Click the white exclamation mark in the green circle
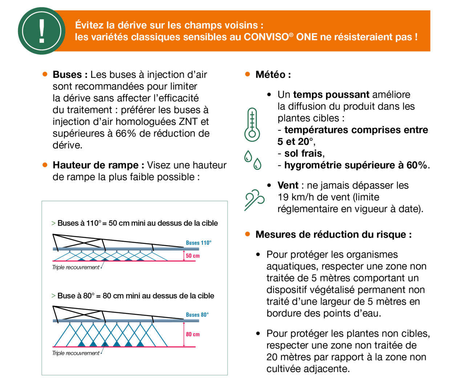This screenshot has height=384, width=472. click(x=42, y=31)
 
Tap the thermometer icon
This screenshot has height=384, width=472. click(x=252, y=124)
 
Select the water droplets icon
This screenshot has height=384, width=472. click(x=253, y=160)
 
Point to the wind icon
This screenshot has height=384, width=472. click(x=254, y=199)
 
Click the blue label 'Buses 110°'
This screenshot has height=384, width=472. click(x=199, y=243)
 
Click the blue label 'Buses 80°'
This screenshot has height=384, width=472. click(x=197, y=315)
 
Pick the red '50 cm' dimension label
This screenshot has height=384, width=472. click(x=192, y=256)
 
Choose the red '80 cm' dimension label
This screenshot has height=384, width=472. click(x=192, y=334)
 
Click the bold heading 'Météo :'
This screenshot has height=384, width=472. click(x=273, y=74)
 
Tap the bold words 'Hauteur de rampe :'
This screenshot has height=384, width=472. click(x=98, y=165)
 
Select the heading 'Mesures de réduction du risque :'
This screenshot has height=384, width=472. click(x=333, y=234)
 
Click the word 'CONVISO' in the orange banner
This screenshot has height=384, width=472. click(x=266, y=37)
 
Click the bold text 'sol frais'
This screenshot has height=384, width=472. click(x=303, y=153)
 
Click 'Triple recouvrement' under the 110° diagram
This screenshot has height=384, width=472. click(x=76, y=267)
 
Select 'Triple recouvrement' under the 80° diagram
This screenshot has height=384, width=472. click(x=76, y=353)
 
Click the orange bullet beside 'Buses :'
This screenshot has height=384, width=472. click(x=45, y=74)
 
